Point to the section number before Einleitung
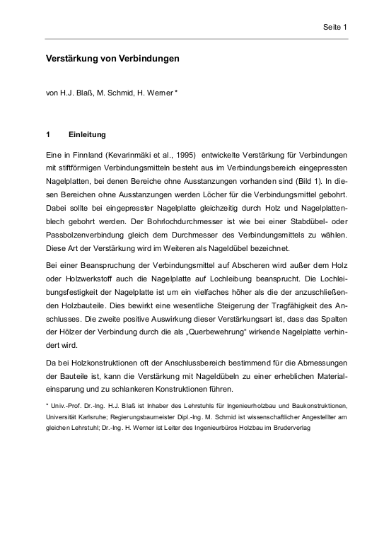pos(48,133)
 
